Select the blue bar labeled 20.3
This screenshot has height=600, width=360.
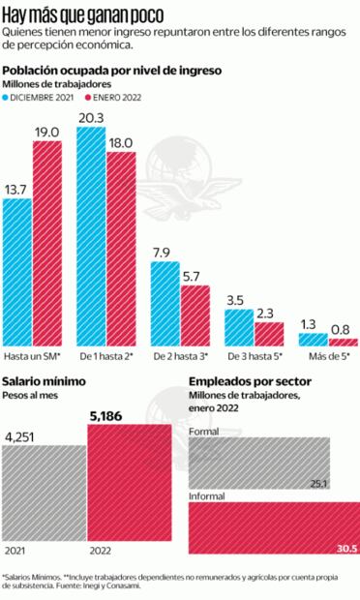92,236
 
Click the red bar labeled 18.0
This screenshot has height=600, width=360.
122,248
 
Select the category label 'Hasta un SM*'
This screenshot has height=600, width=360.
32,357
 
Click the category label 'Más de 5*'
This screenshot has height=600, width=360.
327,357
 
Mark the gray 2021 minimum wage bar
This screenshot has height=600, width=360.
44,494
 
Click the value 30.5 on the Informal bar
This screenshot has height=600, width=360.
345,548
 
